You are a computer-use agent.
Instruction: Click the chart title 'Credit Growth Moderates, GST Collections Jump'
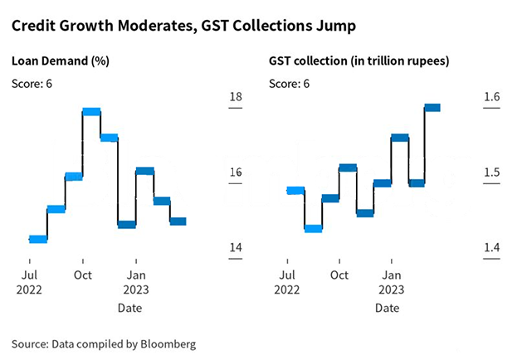coord(183,27)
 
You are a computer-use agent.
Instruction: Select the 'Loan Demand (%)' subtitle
coord(60,61)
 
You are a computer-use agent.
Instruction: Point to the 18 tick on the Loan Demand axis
coord(235,98)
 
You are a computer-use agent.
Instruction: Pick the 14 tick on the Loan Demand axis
coord(235,248)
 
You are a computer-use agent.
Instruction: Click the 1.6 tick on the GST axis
coord(493,98)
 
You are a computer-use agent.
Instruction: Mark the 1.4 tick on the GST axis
coord(493,248)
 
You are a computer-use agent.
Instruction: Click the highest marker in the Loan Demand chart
coord(91,111)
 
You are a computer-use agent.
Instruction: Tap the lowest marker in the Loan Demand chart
coord(38,240)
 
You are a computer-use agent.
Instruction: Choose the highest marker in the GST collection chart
coord(432,108)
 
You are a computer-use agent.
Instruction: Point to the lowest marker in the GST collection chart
coord(313,229)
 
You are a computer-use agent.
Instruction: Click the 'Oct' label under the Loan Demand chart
coord(83,274)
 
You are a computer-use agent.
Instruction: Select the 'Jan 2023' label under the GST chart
coord(392,282)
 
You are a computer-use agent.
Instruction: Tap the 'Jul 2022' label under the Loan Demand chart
coord(29,282)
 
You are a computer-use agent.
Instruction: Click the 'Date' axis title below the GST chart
coord(386,309)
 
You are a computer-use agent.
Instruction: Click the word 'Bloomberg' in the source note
coord(168,343)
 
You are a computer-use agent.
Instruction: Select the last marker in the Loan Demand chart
coord(178,221)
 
